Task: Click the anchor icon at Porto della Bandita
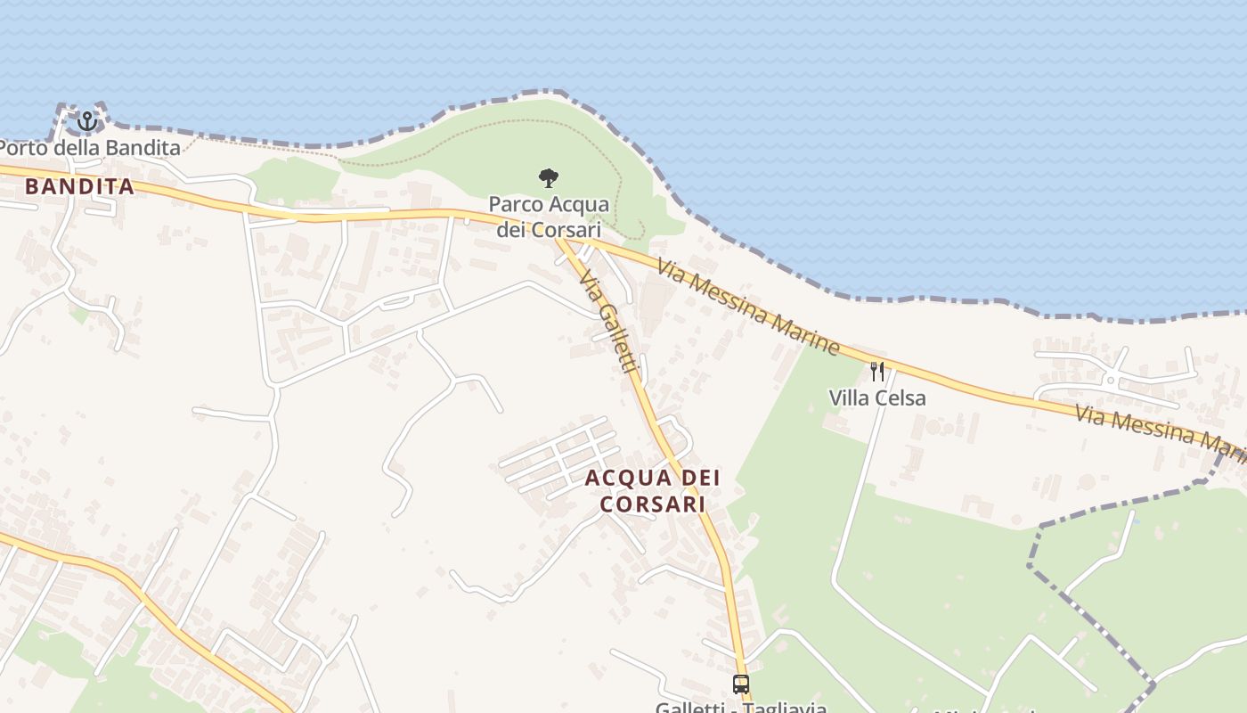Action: tap(86, 121)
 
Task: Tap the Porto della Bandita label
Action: tap(90, 148)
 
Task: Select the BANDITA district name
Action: tap(80, 186)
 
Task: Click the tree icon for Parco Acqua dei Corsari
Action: tap(549, 178)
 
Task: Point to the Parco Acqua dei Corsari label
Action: tap(549, 217)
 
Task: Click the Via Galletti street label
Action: tap(609, 322)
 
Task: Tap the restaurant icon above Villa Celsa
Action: tap(878, 372)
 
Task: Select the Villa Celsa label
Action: tap(877, 397)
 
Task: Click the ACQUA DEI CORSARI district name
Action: tap(653, 490)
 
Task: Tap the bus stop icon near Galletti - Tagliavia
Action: tap(741, 684)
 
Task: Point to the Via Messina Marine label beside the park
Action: tap(749, 307)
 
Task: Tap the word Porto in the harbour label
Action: tap(22, 148)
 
